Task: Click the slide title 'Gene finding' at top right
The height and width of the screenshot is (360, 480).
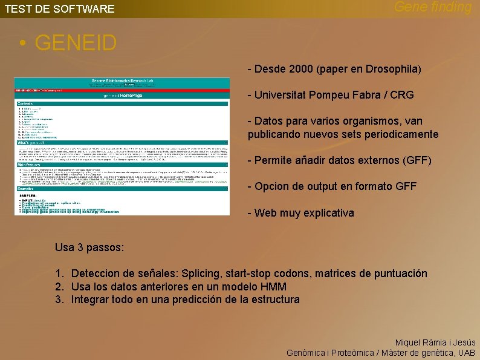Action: pos(433,7)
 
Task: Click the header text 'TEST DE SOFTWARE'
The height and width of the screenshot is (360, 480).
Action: pos(60,9)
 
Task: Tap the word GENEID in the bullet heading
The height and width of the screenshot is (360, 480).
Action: pos(76,43)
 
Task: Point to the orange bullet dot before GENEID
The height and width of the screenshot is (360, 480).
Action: pos(22,44)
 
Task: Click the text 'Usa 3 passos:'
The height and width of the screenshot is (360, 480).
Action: pos(89,247)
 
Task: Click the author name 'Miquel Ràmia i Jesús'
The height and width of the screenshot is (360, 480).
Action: pos(435,342)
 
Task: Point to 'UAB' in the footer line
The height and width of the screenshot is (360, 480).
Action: pos(466,353)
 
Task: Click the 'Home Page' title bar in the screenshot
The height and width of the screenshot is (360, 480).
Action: pos(122,95)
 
